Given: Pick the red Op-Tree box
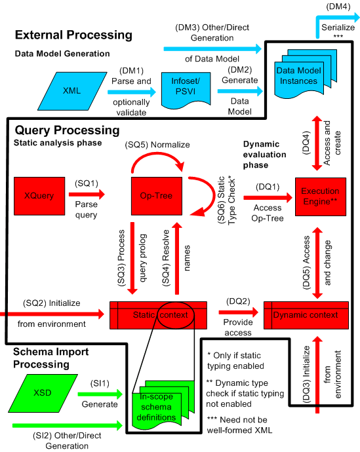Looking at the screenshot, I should coord(156,195).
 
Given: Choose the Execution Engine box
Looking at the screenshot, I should coord(320,195).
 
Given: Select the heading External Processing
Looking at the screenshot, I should coord(73,35).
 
